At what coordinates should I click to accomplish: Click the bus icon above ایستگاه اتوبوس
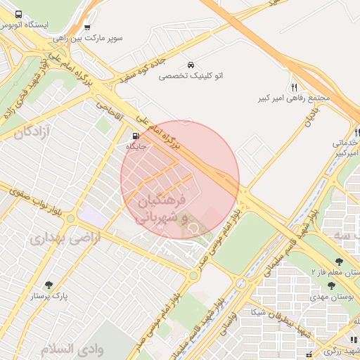tap(18, 14)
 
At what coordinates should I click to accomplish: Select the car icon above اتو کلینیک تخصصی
tap(191, 65)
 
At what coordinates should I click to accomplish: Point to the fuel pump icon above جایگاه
tap(136, 136)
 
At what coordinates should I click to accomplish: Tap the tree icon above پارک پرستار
tap(49, 285)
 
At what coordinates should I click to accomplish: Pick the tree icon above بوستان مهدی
tap(331, 285)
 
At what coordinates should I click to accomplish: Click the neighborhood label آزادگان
tap(34, 131)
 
